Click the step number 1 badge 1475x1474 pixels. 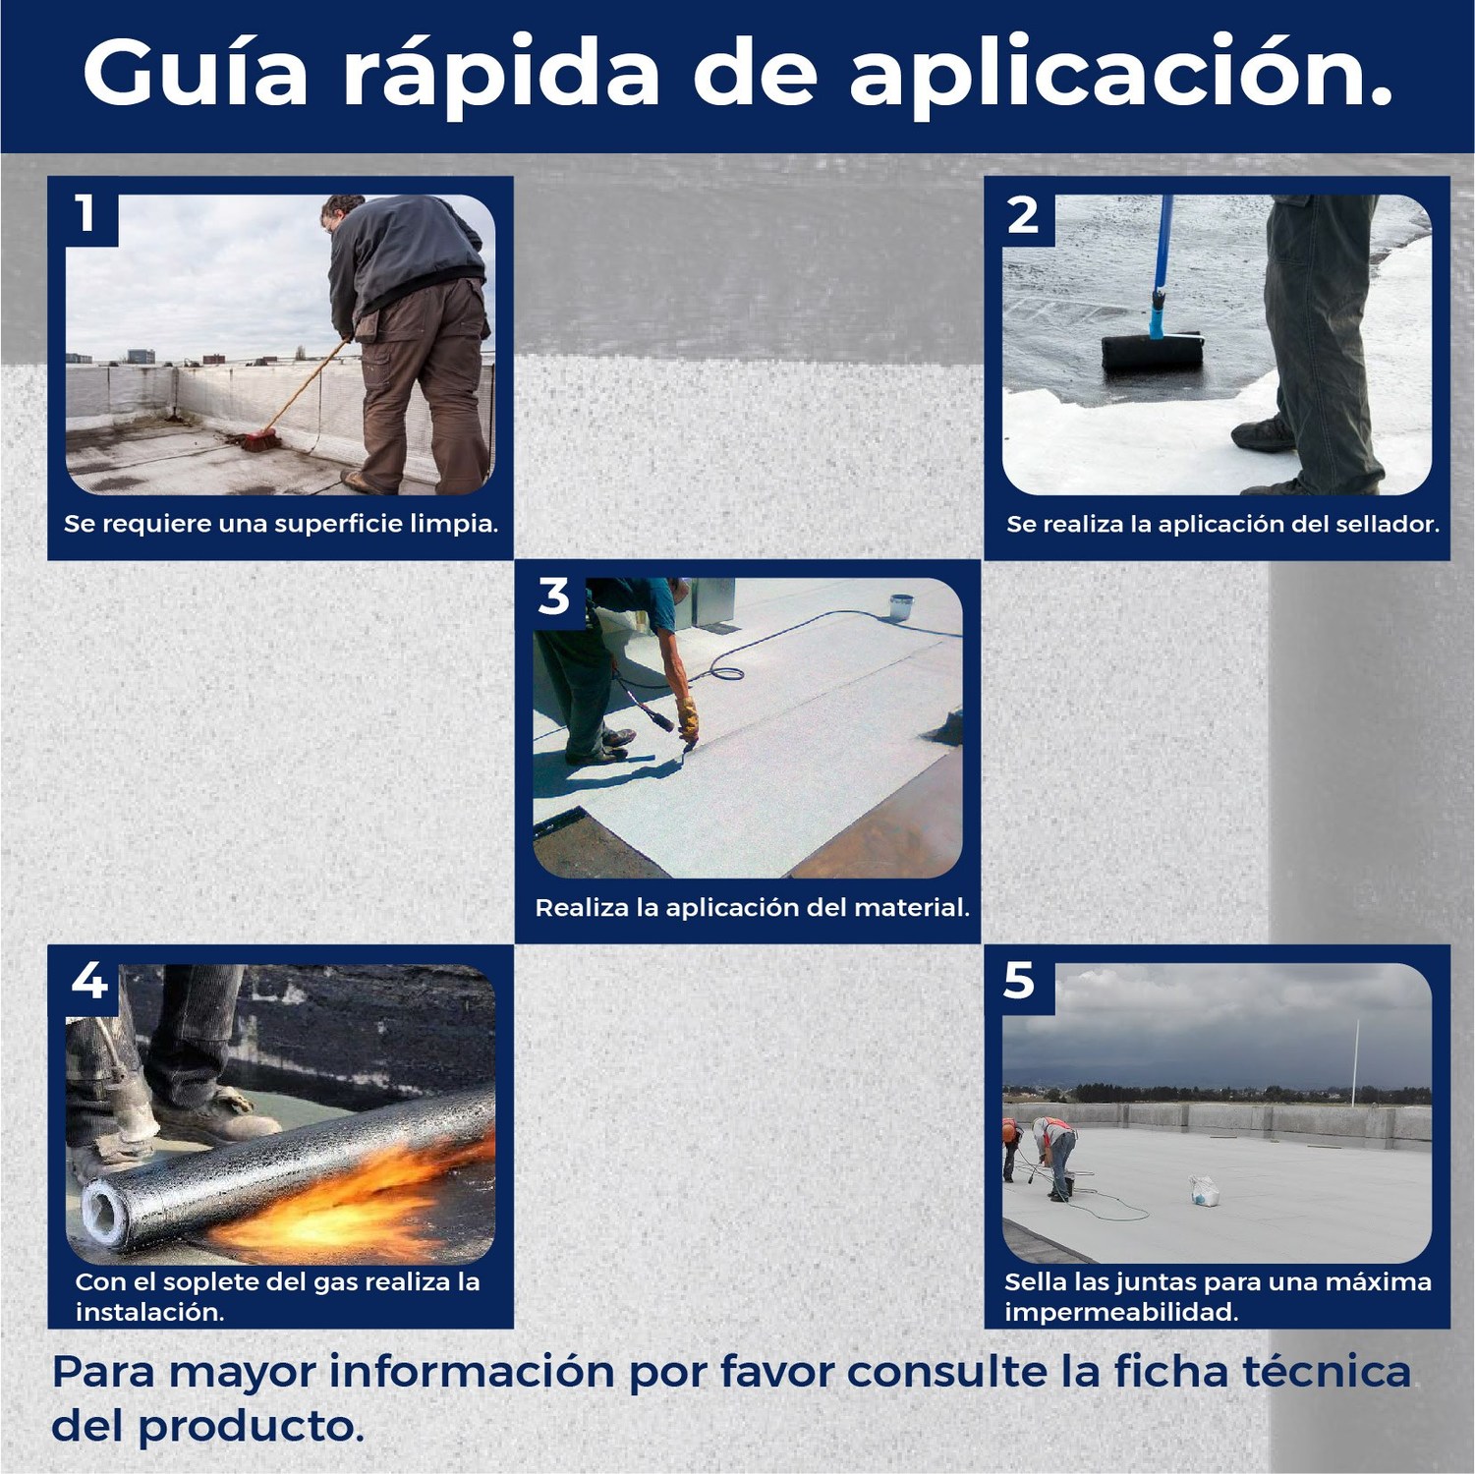(86, 213)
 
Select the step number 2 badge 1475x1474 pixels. (1023, 214)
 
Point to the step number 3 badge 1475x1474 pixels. (554, 596)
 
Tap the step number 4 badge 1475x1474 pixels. (89, 981)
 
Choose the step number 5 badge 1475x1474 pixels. (1019, 981)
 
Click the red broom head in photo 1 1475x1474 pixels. (254, 441)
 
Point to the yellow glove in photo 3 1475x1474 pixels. (688, 718)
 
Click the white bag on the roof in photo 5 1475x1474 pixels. (1205, 1192)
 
